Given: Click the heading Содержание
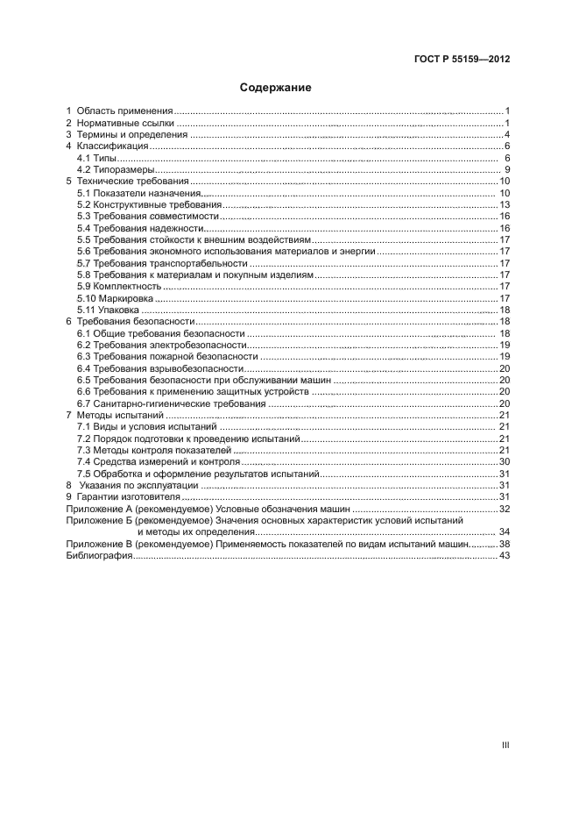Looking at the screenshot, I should [x=275, y=88].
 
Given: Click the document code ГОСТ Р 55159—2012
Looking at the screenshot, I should [x=462, y=60].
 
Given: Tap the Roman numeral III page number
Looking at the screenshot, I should [x=505, y=745].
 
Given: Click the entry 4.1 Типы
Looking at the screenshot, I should [x=90, y=157].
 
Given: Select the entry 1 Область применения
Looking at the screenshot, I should [x=120, y=111].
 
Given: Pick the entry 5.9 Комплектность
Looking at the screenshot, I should [x=117, y=287].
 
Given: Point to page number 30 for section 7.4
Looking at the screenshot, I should [x=505, y=461].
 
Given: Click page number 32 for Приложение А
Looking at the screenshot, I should [x=505, y=509].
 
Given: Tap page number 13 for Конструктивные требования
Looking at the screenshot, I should [x=505, y=204].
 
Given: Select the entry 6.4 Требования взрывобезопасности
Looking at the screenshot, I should [x=158, y=368].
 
